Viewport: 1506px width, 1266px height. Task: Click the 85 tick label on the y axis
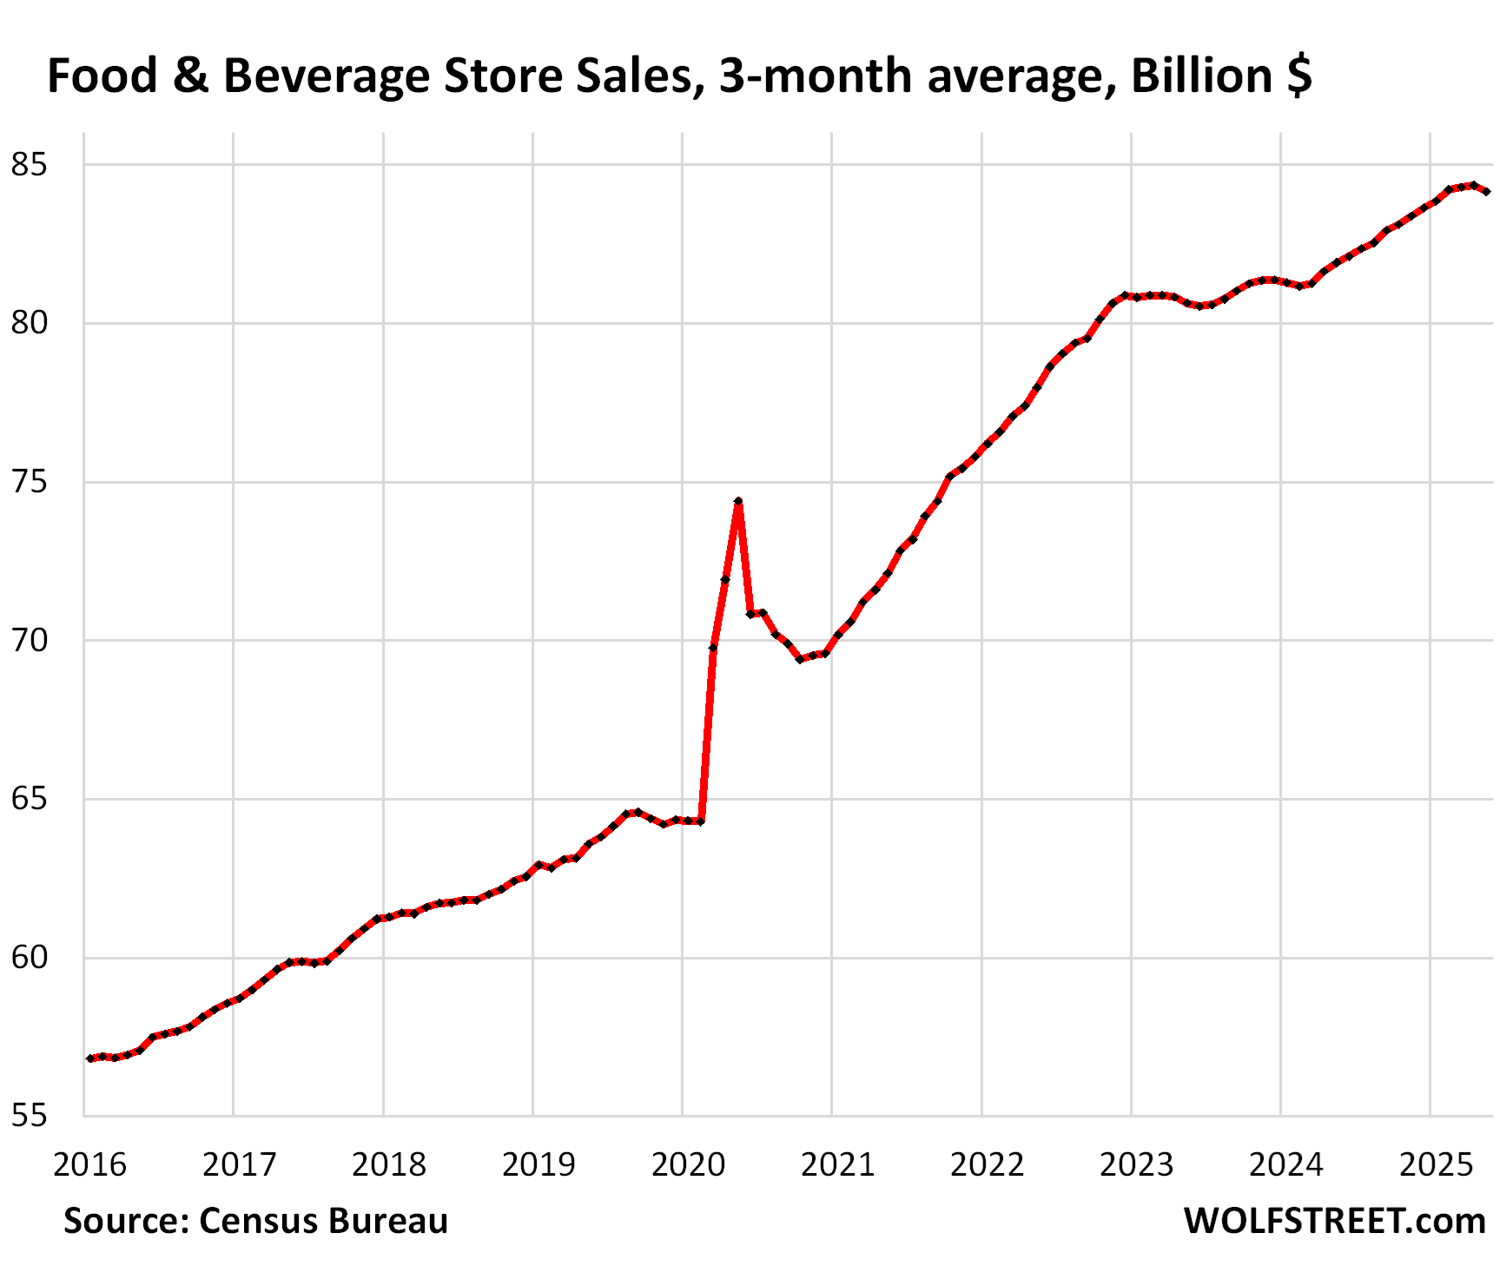tap(28, 164)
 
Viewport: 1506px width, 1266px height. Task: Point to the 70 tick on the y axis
tap(28, 641)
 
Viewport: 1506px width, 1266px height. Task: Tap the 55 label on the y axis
tap(28, 1116)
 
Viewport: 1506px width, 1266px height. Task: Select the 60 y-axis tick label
tap(28, 958)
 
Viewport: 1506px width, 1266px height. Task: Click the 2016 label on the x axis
tap(89, 1164)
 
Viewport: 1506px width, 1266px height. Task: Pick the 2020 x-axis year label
tap(688, 1164)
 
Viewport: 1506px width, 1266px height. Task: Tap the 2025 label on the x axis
tap(1436, 1164)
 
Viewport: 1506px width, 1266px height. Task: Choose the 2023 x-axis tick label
tap(1136, 1164)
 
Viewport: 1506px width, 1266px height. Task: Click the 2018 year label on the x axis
tap(388, 1164)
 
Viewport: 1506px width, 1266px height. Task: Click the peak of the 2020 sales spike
tap(738, 502)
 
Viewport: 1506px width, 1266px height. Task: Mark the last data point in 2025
tap(1487, 191)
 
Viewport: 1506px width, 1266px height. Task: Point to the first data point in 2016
tap(90, 1058)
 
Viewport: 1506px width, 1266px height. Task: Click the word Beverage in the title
tap(327, 76)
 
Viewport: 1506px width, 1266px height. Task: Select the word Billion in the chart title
tap(1201, 76)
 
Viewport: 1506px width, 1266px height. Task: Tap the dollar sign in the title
tap(1299, 76)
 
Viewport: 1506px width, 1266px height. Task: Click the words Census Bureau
tap(323, 1221)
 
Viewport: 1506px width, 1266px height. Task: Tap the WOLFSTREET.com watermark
tap(1334, 1221)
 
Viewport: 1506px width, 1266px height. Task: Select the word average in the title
tap(1021, 76)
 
